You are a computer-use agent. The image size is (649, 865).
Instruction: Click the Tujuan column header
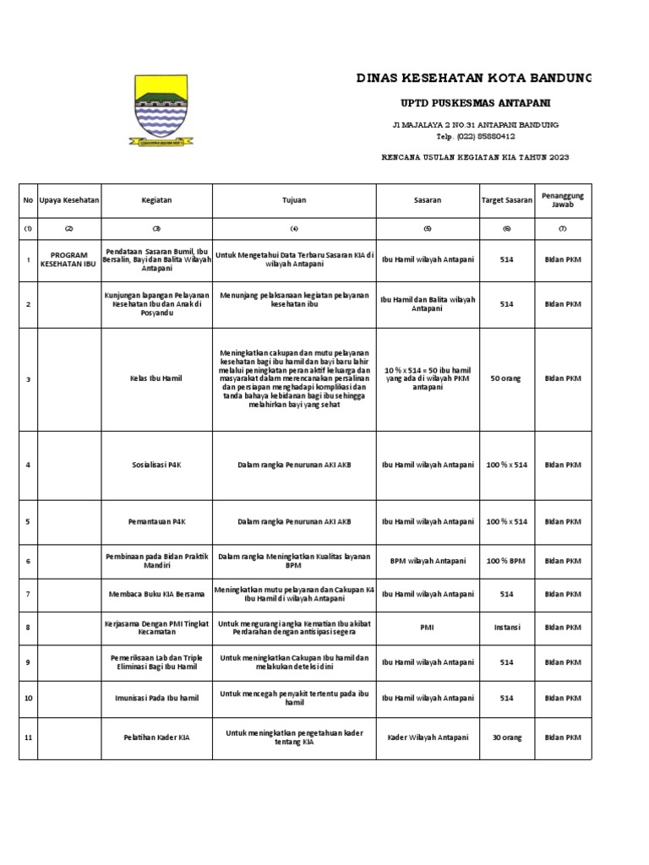click(293, 201)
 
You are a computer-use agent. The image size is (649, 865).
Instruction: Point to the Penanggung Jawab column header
click(563, 201)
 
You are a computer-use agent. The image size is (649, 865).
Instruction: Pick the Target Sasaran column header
click(507, 201)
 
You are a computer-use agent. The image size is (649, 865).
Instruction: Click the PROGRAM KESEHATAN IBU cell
click(69, 258)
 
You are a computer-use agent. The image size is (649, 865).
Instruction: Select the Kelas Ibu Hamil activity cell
click(157, 379)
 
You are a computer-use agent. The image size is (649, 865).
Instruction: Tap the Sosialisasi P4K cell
click(157, 465)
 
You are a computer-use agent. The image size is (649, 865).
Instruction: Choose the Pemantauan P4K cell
click(157, 522)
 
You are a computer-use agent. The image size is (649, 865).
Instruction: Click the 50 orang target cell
click(507, 379)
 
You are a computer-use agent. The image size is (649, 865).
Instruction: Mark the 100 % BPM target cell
click(507, 561)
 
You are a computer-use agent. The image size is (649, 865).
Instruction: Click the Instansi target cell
click(507, 628)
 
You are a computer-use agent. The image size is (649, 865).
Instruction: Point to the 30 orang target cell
click(507, 737)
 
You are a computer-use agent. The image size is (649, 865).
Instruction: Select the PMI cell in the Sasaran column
click(428, 628)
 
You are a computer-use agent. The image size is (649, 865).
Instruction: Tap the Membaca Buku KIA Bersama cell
click(157, 595)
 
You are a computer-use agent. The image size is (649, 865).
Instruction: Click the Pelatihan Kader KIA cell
click(157, 737)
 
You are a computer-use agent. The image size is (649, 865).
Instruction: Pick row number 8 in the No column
click(28, 628)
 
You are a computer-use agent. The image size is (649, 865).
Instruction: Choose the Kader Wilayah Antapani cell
click(428, 737)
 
